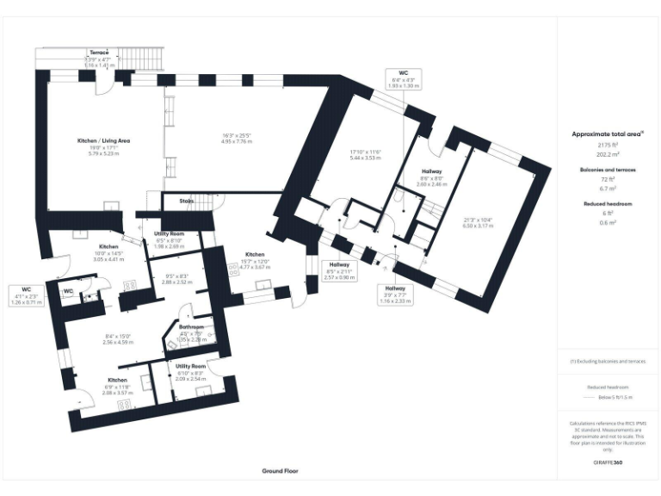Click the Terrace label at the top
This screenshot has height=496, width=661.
(100, 53)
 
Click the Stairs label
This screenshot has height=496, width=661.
(186, 201)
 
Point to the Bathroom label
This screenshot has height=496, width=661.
(190, 327)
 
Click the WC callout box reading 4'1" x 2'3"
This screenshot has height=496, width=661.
(27, 294)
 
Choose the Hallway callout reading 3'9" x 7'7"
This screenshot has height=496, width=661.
(395, 294)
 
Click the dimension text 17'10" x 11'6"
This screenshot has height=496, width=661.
(365, 152)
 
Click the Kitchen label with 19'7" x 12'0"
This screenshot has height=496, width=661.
(254, 255)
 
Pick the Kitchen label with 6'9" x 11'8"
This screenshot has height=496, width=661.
(117, 381)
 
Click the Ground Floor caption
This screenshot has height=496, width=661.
(280, 471)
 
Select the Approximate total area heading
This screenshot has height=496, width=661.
(607, 134)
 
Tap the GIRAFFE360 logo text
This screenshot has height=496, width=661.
(607, 463)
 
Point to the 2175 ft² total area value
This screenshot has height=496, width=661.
(607, 146)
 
